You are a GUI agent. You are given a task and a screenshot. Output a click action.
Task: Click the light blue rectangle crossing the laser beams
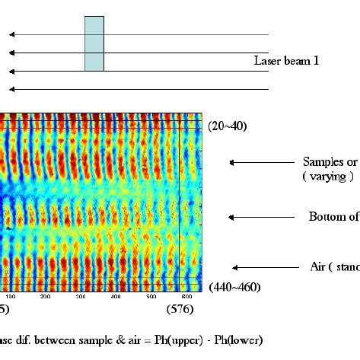tap(94, 43)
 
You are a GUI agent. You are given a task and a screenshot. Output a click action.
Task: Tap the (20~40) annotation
tap(227, 126)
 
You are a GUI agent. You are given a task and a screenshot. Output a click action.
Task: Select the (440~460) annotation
tap(234, 287)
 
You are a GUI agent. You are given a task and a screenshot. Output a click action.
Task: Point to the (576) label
tap(180, 309)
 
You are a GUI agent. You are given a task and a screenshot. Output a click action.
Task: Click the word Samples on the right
tap(323, 162)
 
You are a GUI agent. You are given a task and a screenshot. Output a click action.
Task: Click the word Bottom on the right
tap(327, 217)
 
